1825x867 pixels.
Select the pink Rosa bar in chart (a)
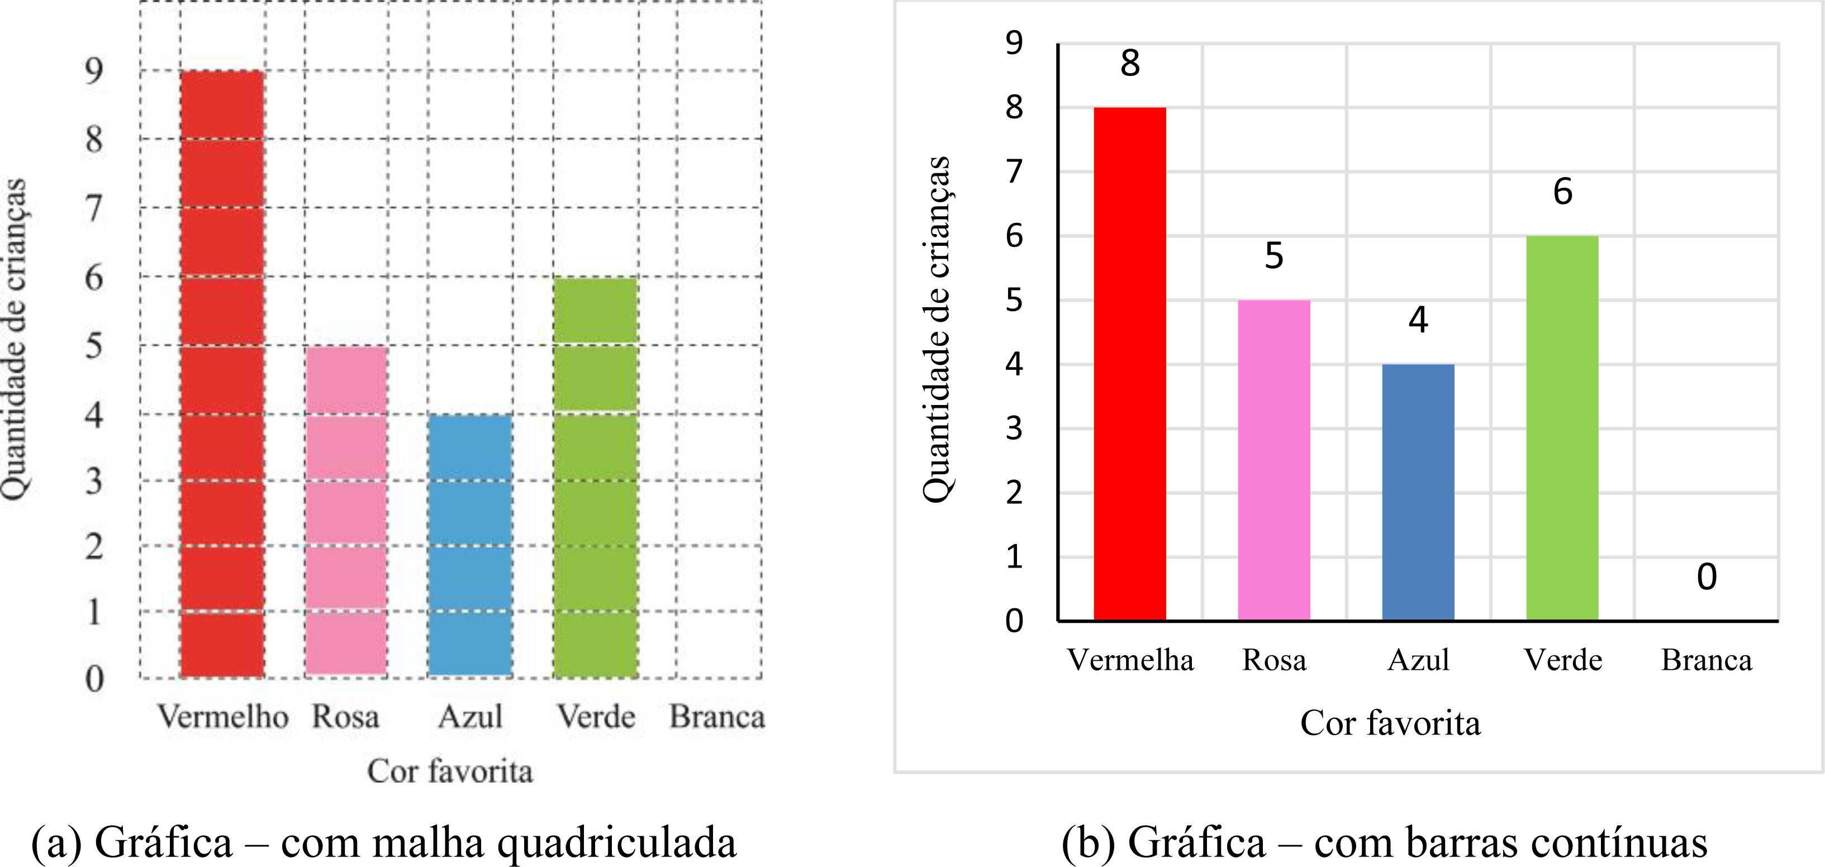point(346,510)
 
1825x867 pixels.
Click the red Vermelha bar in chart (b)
point(1130,364)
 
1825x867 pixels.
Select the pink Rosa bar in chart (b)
point(1274,460)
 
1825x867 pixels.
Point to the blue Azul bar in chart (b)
point(1418,492)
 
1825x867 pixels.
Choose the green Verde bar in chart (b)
point(1562,428)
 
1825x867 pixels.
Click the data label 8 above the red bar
point(1130,64)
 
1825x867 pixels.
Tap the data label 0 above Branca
point(1707,577)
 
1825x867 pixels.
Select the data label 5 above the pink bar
point(1274,256)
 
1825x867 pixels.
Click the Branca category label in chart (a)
point(717,717)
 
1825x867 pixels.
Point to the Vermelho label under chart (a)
point(222,717)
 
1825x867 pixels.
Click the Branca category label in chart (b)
point(1707,660)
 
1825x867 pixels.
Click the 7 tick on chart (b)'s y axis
point(1015,172)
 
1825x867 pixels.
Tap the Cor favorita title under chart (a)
point(450,771)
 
